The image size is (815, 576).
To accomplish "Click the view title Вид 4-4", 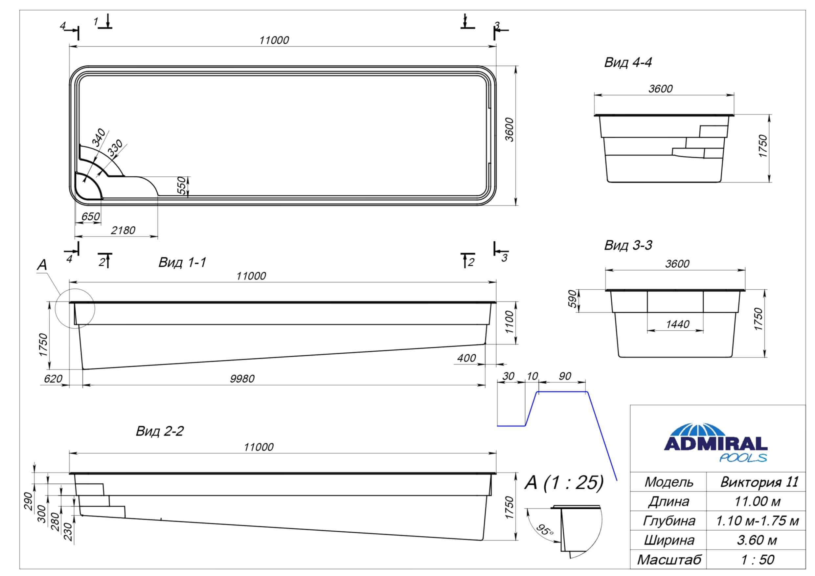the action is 628,63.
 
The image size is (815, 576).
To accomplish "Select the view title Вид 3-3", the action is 628,245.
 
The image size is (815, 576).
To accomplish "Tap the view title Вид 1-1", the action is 182,263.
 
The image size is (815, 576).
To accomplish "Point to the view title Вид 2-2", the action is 160,431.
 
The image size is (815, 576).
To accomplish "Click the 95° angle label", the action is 545,530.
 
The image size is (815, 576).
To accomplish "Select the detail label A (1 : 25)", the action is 564,483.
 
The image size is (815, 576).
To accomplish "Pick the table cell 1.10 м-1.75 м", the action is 757,521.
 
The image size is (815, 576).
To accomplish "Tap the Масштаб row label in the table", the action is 669,560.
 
